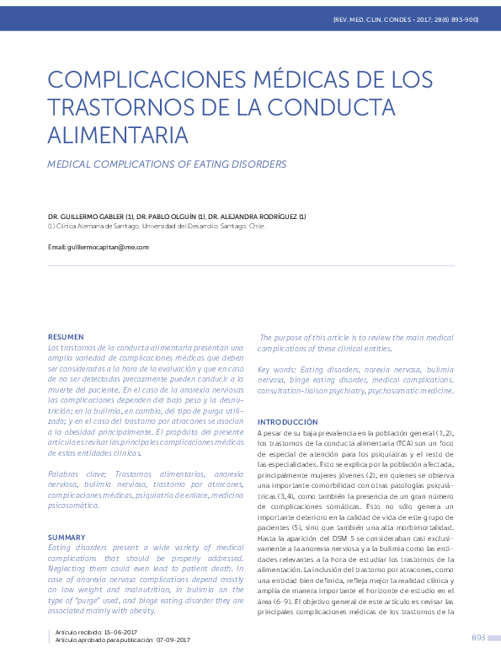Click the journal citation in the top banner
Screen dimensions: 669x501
point(405,19)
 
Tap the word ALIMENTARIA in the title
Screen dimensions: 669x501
point(118,135)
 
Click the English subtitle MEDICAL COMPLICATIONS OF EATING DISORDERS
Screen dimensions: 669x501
point(167,164)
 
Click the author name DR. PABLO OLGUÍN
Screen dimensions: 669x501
point(172,217)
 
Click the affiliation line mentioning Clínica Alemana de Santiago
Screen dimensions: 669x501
point(157,226)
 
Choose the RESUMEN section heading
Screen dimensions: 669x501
point(66,336)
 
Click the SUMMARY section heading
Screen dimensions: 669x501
point(67,537)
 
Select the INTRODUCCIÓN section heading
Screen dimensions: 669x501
point(287,421)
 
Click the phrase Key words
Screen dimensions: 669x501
point(276,370)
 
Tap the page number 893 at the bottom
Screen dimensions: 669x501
point(478,638)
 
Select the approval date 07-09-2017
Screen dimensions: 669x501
point(173,640)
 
